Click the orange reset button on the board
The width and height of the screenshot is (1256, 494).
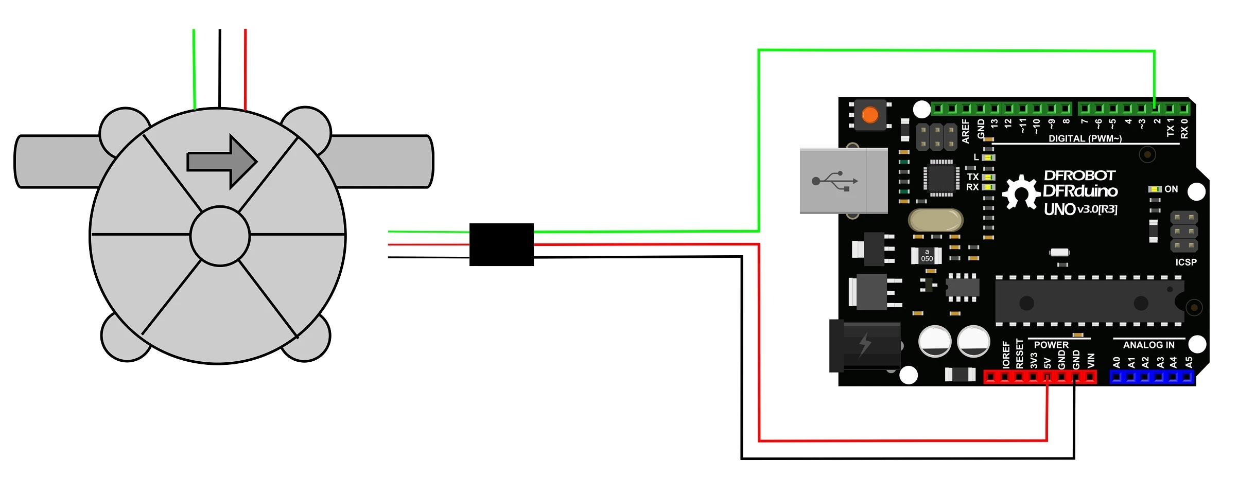click(870, 115)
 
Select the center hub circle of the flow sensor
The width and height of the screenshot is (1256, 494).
click(220, 236)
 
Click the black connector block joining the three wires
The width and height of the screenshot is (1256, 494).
click(501, 244)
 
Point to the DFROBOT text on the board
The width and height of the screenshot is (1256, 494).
click(1079, 175)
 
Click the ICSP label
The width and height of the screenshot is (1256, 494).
click(1186, 262)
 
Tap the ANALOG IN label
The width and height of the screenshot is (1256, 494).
click(1148, 345)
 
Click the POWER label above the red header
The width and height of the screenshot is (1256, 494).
click(1051, 345)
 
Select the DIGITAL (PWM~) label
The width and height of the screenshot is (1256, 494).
click(1085, 138)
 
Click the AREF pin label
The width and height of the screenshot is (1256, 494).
click(966, 131)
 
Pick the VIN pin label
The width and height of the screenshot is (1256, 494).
click(1090, 360)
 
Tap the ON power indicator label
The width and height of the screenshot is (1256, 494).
click(1171, 189)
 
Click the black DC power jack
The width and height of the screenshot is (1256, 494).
click(865, 345)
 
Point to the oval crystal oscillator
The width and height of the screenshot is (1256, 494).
click(935, 220)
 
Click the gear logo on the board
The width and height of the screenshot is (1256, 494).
click(1021, 192)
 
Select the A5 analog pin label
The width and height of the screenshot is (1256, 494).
click(1189, 362)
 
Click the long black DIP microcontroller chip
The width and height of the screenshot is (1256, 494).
click(1089, 302)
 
